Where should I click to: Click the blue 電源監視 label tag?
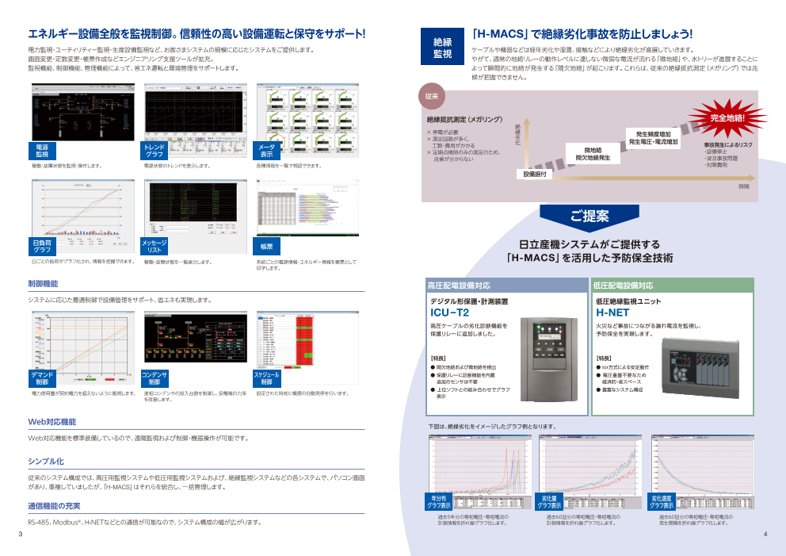42,151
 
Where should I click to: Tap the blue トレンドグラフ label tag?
155,151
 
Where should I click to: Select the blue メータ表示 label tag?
268,151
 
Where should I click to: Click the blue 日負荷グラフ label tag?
42,246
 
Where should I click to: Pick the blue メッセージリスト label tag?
155,246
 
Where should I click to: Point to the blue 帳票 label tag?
267,246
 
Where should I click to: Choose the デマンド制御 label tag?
42,378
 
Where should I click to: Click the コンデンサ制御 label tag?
155,378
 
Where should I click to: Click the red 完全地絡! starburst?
727,117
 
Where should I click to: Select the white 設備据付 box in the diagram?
536,174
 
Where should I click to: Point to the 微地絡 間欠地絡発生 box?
592,154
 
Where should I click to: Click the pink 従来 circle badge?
432,96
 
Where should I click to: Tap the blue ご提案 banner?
589,216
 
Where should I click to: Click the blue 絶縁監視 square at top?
442,47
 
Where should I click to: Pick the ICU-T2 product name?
449,313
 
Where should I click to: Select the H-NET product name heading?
611,313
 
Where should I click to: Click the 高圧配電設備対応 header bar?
507,285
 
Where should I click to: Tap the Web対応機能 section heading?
52,422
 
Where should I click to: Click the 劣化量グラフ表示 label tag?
550,502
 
